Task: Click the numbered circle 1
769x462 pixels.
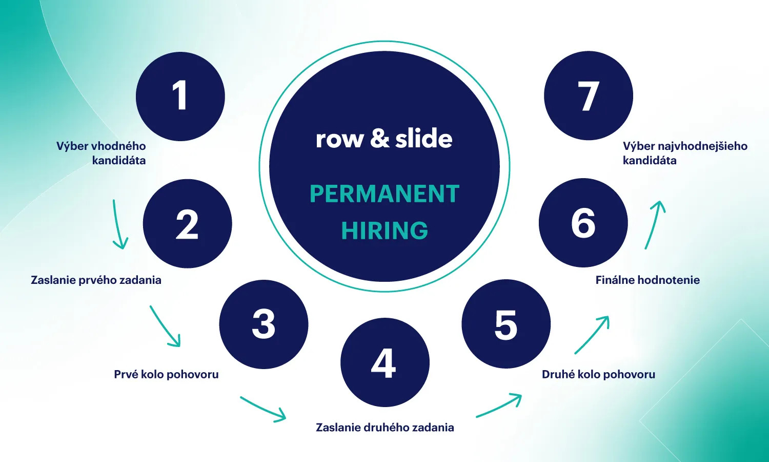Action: [180, 96]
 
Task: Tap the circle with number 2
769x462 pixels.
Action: [187, 223]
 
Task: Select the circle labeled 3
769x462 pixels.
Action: [264, 324]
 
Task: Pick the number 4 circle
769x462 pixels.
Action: [385, 362]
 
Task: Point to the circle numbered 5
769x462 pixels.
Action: [506, 324]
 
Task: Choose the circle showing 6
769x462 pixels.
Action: [583, 223]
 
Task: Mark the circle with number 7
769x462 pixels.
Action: [588, 95]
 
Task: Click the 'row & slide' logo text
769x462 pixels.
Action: [384, 139]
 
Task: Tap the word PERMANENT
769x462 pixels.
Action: [385, 194]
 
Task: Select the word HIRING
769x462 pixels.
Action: [385, 230]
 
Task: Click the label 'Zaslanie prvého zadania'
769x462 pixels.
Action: [96, 280]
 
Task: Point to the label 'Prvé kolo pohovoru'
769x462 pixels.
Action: [166, 375]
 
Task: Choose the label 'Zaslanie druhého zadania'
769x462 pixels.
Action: [385, 428]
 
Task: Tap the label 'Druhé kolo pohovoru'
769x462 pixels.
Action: [598, 375]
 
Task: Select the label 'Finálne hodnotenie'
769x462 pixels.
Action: [647, 280]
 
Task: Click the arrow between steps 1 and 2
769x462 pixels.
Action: [119, 225]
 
